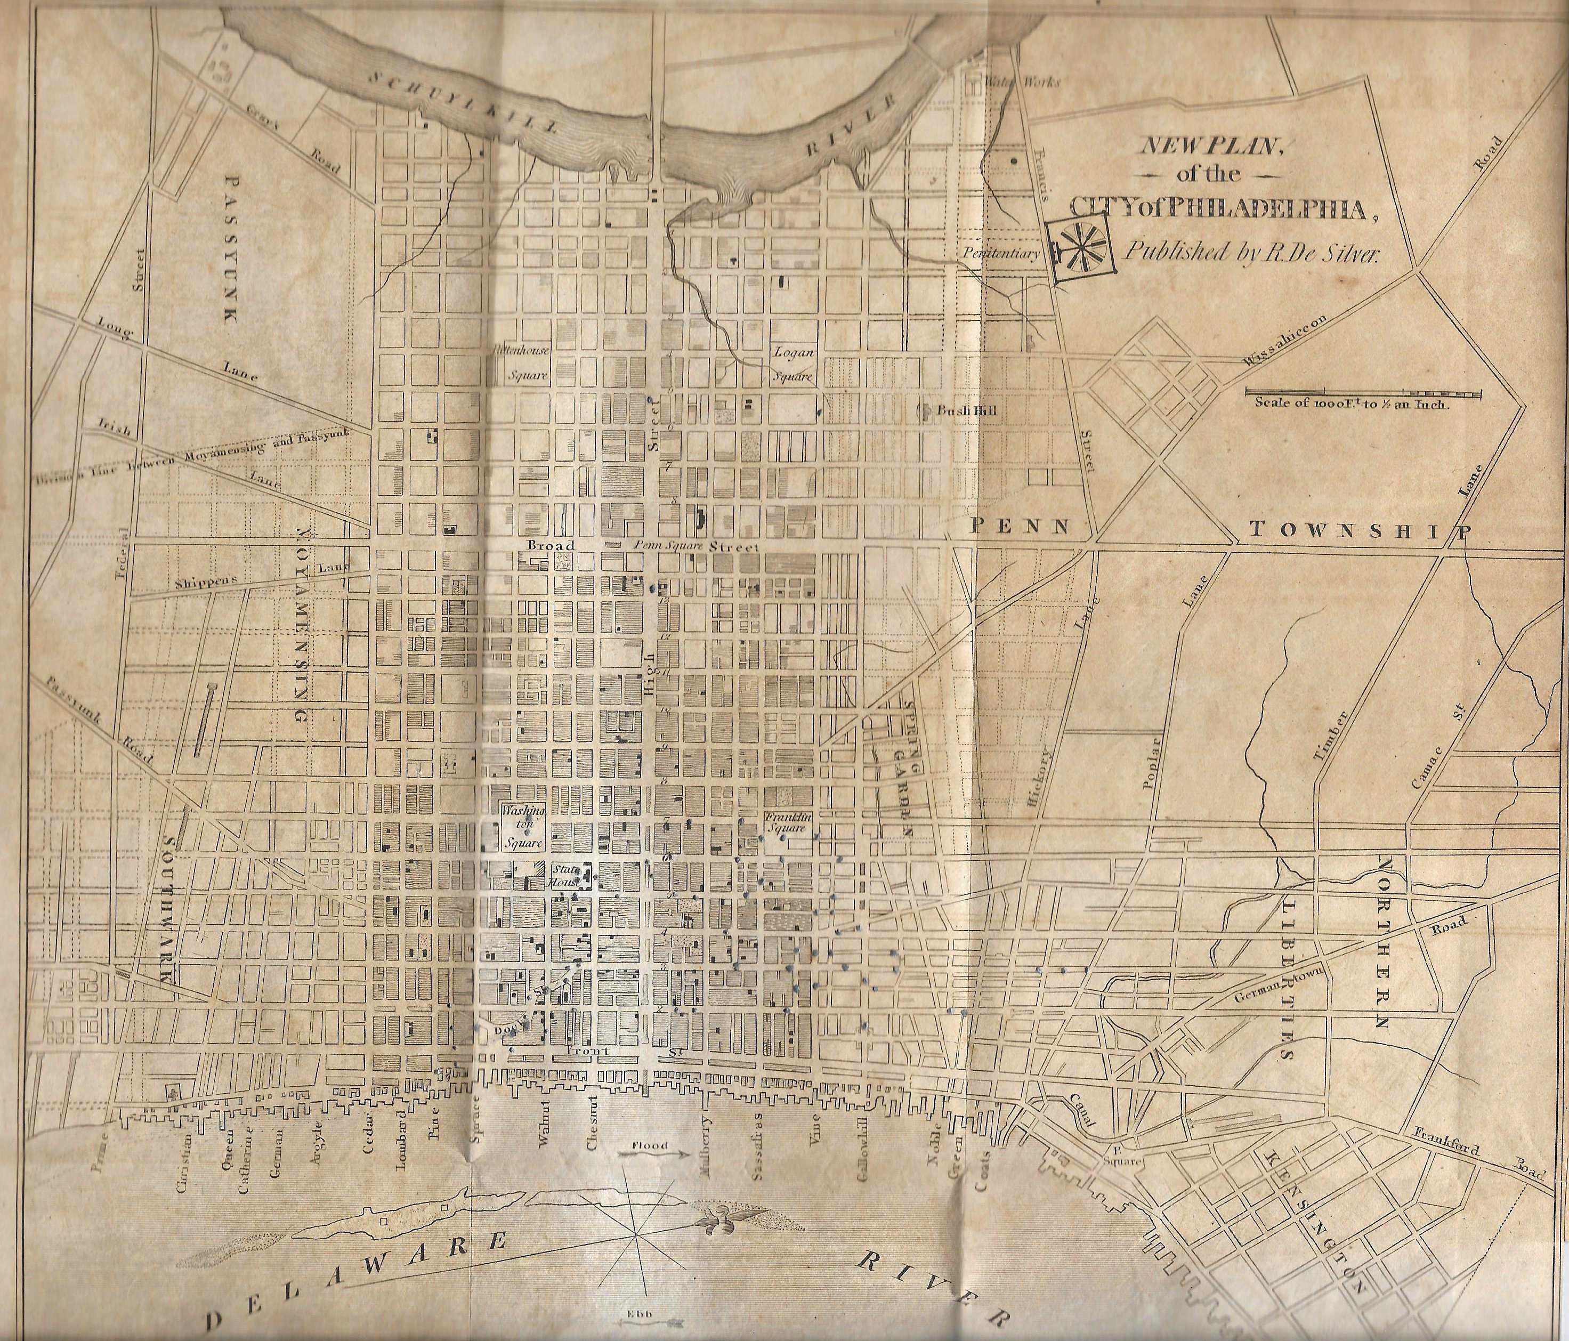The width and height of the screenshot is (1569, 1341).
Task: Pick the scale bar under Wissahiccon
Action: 1351,392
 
